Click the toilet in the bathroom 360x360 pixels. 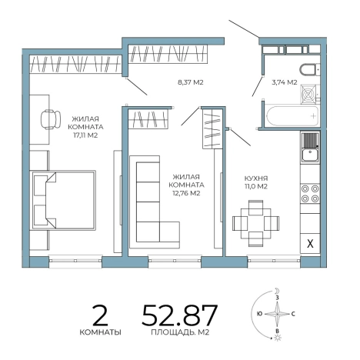(x=309, y=69)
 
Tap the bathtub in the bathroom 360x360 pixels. (x=292, y=115)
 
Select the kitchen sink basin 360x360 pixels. (x=310, y=155)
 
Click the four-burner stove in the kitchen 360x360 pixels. (x=310, y=194)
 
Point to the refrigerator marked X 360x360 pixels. (x=310, y=243)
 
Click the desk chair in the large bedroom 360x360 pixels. (x=51, y=119)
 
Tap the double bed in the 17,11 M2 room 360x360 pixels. (x=64, y=200)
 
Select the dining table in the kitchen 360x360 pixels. (x=255, y=223)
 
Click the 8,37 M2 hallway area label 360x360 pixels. (x=191, y=82)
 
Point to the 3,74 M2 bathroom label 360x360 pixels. (x=285, y=82)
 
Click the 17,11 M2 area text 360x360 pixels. (x=85, y=135)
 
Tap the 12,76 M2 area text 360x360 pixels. (x=187, y=193)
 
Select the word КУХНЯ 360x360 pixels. (x=256, y=178)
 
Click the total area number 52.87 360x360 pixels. (x=180, y=315)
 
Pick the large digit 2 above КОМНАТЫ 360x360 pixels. (x=100, y=315)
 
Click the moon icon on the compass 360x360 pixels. (x=277, y=291)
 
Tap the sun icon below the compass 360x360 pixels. (x=278, y=338)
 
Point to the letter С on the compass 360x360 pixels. (x=293, y=314)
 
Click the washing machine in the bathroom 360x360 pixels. (x=309, y=94)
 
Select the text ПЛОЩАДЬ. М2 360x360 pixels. (x=180, y=332)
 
